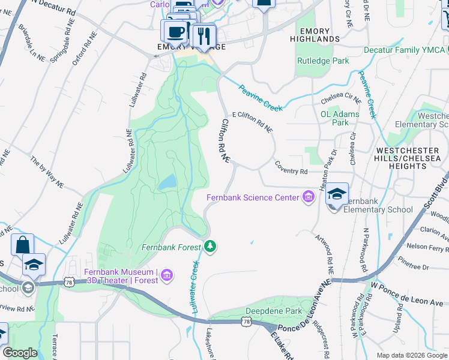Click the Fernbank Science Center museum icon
coord(309,197)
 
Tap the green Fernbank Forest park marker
coord(210,246)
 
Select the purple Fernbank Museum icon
coord(167,276)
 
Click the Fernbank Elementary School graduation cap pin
coord(337,194)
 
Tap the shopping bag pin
coord(22,245)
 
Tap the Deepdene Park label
coord(274,311)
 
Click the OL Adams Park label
coord(340,118)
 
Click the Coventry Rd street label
coord(291,171)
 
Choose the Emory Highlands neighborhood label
coord(318,35)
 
